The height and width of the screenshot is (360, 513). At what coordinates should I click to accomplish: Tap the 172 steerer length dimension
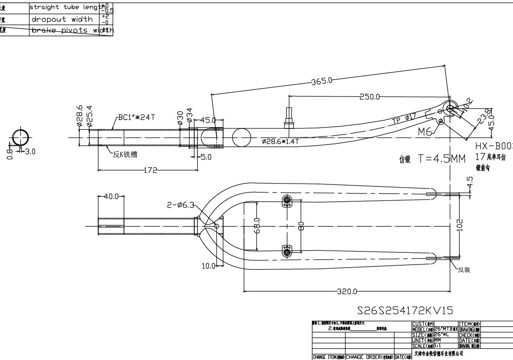click(x=149, y=170)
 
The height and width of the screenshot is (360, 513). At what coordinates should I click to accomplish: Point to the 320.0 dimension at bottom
click(x=347, y=292)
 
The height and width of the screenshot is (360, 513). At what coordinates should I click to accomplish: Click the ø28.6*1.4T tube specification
click(x=281, y=141)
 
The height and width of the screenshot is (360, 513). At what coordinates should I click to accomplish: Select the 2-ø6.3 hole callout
click(x=180, y=205)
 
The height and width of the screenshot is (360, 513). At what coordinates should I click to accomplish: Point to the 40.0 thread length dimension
click(x=111, y=196)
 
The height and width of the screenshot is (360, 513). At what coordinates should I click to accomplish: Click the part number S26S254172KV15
click(x=405, y=309)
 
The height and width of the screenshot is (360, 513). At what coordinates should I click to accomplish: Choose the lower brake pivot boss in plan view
click(x=287, y=252)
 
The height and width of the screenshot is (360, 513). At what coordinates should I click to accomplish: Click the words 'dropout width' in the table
click(x=62, y=19)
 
